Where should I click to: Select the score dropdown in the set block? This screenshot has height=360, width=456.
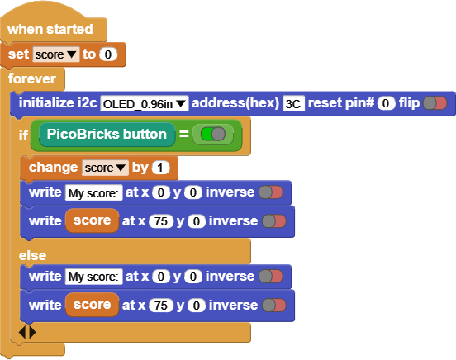tap(56, 54)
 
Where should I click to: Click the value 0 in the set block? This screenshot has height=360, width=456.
tap(108, 54)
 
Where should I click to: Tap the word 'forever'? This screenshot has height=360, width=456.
tap(32, 78)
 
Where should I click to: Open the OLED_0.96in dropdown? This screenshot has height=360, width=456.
tap(145, 103)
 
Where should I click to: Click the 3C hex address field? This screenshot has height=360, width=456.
tap(293, 103)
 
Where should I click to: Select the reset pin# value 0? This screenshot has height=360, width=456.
tap(386, 103)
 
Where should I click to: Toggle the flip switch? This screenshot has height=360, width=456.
tap(435, 103)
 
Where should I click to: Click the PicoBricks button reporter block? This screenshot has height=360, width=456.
tap(107, 134)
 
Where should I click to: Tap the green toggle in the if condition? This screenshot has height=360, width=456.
tap(213, 134)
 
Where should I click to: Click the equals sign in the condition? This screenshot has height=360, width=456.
tap(183, 134)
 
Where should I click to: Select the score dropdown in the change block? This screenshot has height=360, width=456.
tap(105, 168)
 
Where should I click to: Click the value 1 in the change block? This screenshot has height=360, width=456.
tap(160, 168)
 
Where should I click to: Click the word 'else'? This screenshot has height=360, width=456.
tap(32, 256)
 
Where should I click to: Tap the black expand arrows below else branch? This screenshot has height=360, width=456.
tap(27, 332)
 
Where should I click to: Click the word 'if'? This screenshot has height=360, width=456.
tap(23, 135)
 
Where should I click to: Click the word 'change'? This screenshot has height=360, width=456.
tap(53, 168)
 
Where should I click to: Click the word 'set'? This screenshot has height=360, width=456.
tap(18, 54)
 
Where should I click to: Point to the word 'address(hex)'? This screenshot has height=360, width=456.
tap(235, 103)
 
